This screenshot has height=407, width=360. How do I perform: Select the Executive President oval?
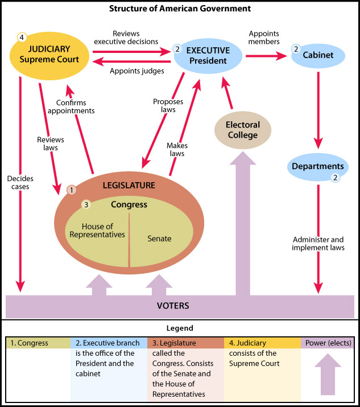tap(208, 56)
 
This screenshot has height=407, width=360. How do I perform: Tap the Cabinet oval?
tap(318, 55)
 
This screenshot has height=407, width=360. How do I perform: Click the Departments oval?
tap(318, 167)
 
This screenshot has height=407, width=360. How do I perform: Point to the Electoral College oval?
tap(242, 130)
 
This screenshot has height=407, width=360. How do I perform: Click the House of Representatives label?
tap(97, 230)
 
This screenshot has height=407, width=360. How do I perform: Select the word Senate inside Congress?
tap(159, 238)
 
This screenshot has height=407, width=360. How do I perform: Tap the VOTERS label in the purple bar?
tap(173, 306)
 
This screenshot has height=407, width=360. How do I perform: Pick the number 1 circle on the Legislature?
tap(72, 190)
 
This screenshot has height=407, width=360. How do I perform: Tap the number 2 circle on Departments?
tap(336, 178)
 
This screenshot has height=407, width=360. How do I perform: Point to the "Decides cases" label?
tap(20, 183)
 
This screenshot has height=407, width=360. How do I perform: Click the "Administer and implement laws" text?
tap(318, 243)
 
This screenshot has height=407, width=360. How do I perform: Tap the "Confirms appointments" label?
tap(75, 106)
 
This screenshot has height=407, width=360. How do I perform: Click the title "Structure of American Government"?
tap(180, 9)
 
